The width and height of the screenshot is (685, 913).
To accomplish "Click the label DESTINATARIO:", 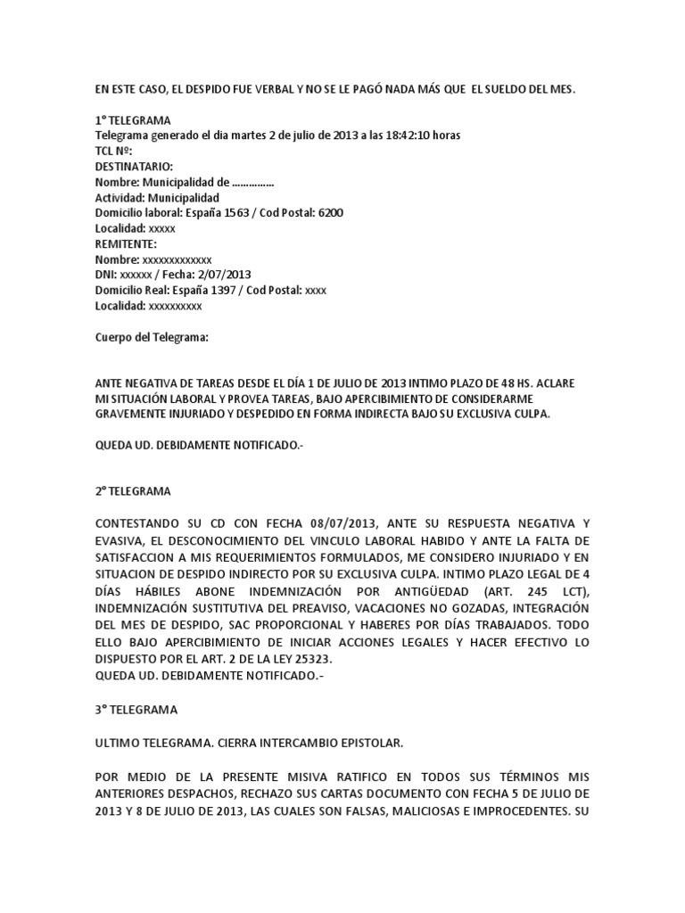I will [135, 167].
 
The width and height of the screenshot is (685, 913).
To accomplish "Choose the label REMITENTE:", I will [126, 243].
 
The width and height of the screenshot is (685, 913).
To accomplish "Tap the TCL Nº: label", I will [113, 152].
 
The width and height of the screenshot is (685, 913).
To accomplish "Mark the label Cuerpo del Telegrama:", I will [152, 338].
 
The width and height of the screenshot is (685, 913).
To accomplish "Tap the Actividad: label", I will [120, 198].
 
